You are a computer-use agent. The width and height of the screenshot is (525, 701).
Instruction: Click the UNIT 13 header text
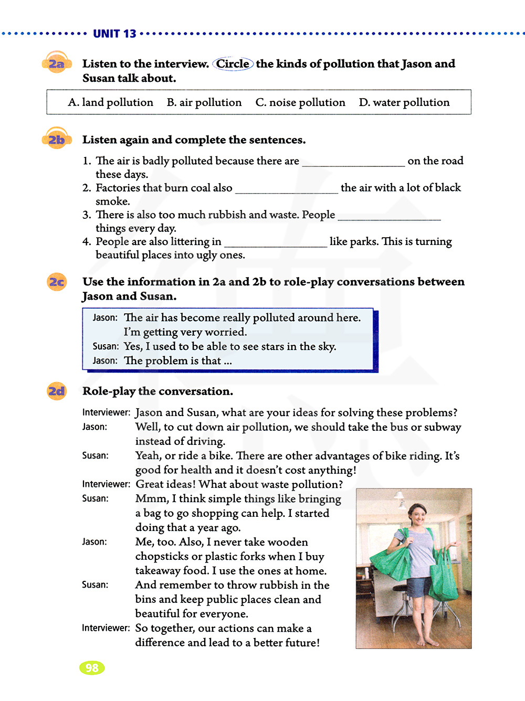click(114, 34)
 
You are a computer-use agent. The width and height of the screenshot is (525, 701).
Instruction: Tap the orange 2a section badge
click(56, 64)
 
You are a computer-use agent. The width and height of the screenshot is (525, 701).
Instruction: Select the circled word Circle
click(233, 64)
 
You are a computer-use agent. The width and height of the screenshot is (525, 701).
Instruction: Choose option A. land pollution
click(110, 102)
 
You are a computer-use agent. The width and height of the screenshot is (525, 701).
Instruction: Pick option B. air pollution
click(204, 102)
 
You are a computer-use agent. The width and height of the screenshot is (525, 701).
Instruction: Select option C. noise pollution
click(300, 102)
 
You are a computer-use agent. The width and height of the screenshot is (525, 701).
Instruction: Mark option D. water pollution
click(404, 102)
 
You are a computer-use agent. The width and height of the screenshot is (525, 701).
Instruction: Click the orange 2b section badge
click(56, 140)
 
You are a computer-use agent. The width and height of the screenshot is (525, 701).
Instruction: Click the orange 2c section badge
click(57, 282)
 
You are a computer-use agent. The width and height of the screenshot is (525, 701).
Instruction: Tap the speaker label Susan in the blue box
click(106, 347)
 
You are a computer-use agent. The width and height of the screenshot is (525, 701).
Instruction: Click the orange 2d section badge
click(57, 391)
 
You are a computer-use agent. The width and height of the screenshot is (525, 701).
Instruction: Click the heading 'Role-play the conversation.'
click(157, 391)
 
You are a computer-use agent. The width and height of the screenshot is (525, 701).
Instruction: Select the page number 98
click(92, 668)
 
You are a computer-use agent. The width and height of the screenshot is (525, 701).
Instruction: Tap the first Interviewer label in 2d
click(106, 413)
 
